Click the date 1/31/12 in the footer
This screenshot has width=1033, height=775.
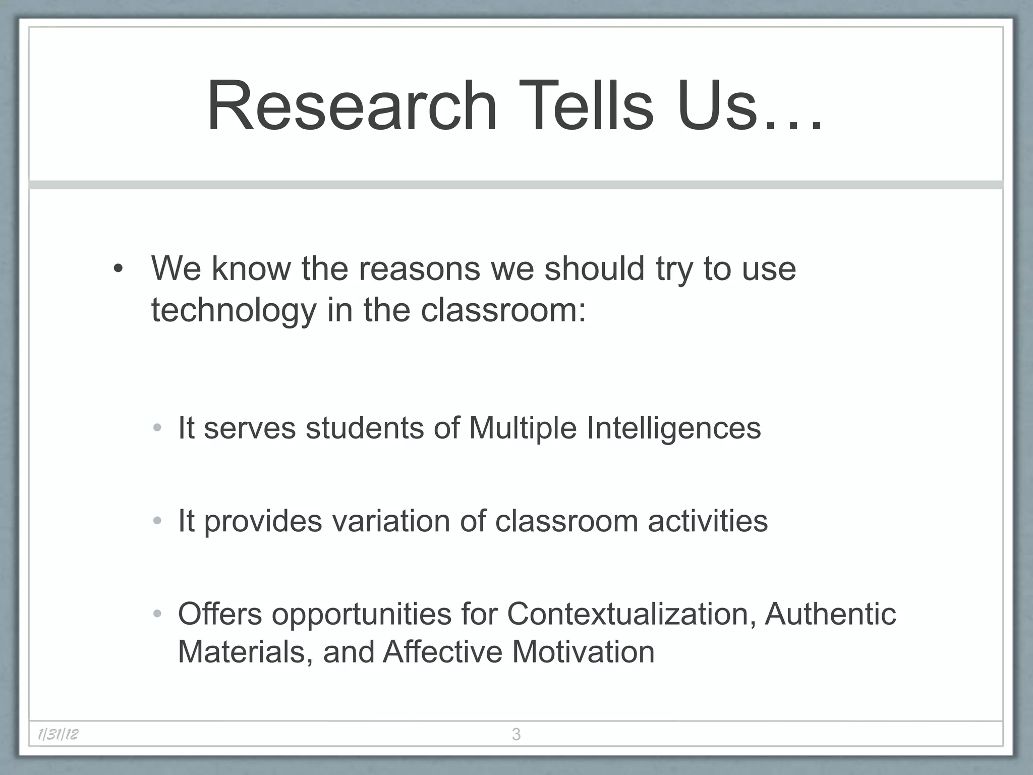[x=58, y=734]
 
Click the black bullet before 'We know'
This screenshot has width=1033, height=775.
[x=118, y=269]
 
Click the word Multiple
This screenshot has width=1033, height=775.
[x=523, y=428]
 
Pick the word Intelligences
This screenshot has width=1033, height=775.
[x=673, y=428]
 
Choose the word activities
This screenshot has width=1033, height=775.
[x=708, y=521]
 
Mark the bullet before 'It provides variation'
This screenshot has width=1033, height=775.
[x=157, y=521]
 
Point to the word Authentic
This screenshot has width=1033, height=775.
[x=830, y=614]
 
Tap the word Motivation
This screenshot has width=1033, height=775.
[x=583, y=652]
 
